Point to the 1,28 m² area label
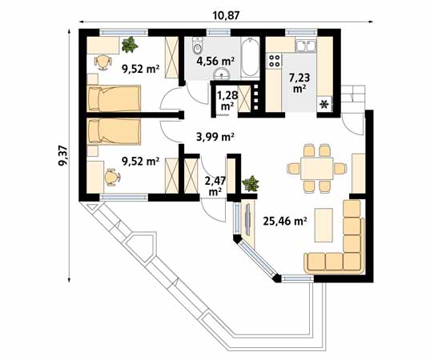pos(227,100)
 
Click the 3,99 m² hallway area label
pos(215,137)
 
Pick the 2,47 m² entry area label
pos(214,186)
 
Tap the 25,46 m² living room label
pos(285,220)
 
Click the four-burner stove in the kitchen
pos(275,59)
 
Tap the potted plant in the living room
pos(251,183)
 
